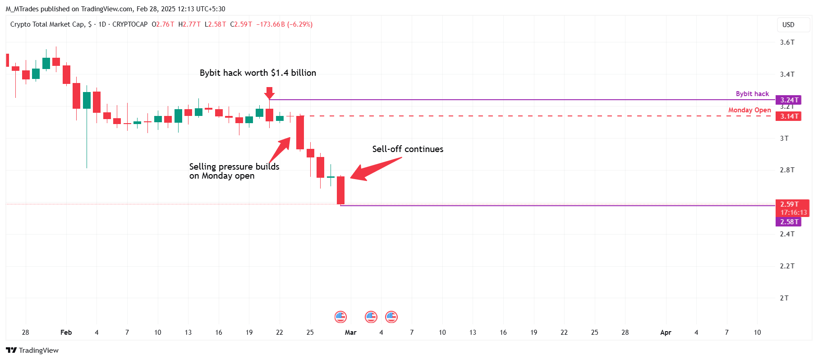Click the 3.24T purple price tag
click(788, 100)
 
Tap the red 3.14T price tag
click(788, 116)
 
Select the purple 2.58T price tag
click(788, 222)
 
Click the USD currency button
click(788, 25)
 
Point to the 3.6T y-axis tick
click(787, 42)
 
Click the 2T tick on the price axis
click(784, 298)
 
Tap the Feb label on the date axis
click(66, 332)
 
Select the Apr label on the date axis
click(666, 332)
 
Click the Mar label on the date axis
click(350, 332)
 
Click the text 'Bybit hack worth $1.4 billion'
click(258, 73)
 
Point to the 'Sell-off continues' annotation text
click(408, 149)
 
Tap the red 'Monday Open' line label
click(749, 110)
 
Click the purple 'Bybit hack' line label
click(752, 94)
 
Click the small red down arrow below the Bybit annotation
click(269, 93)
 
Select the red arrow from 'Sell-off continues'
click(374, 169)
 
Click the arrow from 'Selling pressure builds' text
click(280, 150)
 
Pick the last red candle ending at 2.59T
click(341, 190)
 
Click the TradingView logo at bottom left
click(32, 351)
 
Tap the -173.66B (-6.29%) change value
click(284, 24)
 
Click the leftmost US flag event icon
click(340, 317)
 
